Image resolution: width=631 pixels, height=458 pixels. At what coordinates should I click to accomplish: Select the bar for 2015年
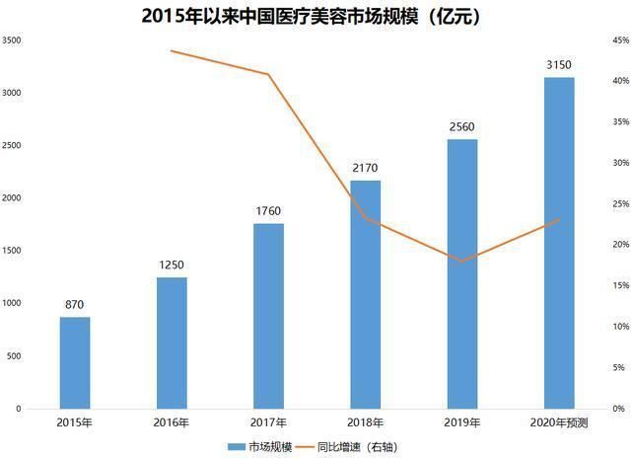pos(75,362)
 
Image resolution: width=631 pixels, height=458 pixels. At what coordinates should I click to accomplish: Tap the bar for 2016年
pos(172,343)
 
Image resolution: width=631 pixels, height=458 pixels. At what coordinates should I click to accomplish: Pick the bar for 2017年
pos(268,316)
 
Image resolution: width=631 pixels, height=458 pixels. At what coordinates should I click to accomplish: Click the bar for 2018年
pos(365,294)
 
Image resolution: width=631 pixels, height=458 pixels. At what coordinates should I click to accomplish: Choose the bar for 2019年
pos(461,273)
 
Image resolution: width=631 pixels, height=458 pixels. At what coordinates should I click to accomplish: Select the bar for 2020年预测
pos(558,243)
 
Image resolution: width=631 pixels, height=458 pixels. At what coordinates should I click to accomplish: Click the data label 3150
pos(558,65)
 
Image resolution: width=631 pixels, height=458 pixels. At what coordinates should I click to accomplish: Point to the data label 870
pos(75,305)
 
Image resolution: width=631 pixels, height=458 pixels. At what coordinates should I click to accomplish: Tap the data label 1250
pos(172,265)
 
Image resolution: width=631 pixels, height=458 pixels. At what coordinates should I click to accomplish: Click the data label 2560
pos(461,127)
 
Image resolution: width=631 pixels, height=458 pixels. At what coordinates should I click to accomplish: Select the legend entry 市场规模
pos(266,447)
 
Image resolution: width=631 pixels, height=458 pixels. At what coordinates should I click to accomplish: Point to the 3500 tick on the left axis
pos(13,40)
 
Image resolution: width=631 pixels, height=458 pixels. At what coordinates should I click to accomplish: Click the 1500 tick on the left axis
pos(13,251)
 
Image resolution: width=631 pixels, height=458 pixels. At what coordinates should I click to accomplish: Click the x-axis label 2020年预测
pos(558,423)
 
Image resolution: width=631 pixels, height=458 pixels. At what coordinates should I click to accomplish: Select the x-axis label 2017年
pos(268,423)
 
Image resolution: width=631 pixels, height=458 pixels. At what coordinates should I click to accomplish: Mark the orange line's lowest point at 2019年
pos(461,262)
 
